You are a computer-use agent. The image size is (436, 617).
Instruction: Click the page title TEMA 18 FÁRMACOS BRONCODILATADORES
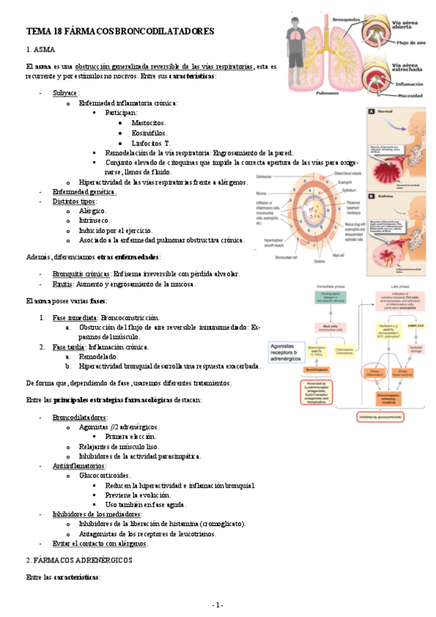(120, 32)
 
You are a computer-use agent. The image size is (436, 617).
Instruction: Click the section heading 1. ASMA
(40, 49)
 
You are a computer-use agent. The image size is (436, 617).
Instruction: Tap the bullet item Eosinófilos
(150, 134)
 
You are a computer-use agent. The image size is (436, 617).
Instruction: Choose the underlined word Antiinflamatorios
(79, 465)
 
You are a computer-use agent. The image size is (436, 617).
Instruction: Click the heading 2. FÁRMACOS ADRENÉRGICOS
(79, 560)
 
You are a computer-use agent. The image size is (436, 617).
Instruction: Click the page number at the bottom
(218, 605)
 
